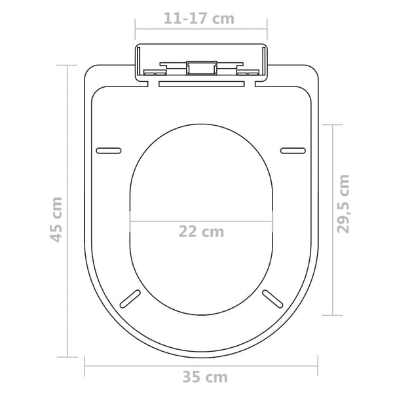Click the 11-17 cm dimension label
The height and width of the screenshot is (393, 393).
pyautogui.click(x=199, y=18)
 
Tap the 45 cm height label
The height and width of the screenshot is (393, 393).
pyautogui.click(x=56, y=220)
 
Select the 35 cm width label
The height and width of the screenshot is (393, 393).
pyautogui.click(x=205, y=377)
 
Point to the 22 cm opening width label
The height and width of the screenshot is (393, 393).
pyautogui.click(x=201, y=232)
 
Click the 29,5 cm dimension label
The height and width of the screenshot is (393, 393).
pyautogui.click(x=343, y=204)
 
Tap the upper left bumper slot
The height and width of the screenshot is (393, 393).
pyautogui.click(x=109, y=151)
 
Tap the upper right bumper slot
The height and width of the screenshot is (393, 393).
pyautogui.click(x=293, y=151)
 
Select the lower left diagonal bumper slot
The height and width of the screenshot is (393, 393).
pyautogui.click(x=130, y=299)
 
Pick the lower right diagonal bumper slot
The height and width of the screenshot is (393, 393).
pyautogui.click(x=272, y=299)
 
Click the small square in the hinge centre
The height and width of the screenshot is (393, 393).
pyautogui.click(x=202, y=68)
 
